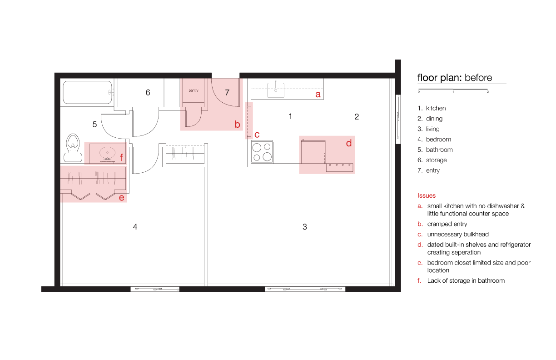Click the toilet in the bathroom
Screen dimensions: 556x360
[x=73, y=148]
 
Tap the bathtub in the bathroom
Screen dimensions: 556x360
[x=87, y=92]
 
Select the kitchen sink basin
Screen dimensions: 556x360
[x=276, y=90]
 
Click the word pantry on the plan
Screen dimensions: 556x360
[x=194, y=90]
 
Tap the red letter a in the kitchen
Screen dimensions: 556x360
[x=318, y=94]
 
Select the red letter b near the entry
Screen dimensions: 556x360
[x=237, y=124]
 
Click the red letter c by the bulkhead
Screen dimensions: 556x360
[x=257, y=135]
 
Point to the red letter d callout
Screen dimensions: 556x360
[x=349, y=143]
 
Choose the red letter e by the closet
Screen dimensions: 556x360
[x=121, y=198]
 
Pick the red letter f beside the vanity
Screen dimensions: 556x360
[x=121, y=157]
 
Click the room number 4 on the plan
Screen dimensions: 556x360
[x=135, y=226]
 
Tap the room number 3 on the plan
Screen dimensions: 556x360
[x=304, y=226]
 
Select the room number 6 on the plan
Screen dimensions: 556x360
[x=148, y=92]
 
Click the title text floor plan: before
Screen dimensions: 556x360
[x=455, y=78]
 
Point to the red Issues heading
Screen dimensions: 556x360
[x=427, y=195]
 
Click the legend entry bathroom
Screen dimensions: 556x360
[x=439, y=150]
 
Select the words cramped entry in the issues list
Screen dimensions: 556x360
[x=447, y=224]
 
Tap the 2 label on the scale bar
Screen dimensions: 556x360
[x=488, y=92]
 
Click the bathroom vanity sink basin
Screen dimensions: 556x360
[x=107, y=153]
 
